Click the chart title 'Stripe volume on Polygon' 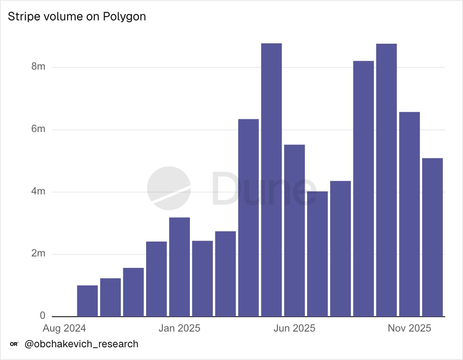click(77, 17)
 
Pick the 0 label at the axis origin click(42, 316)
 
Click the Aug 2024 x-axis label click(65, 328)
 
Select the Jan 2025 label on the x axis click(179, 328)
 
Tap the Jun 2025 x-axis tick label click(294, 328)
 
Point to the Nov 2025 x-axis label click(409, 328)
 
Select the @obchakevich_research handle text click(82, 344)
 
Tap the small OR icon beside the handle click(14, 344)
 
